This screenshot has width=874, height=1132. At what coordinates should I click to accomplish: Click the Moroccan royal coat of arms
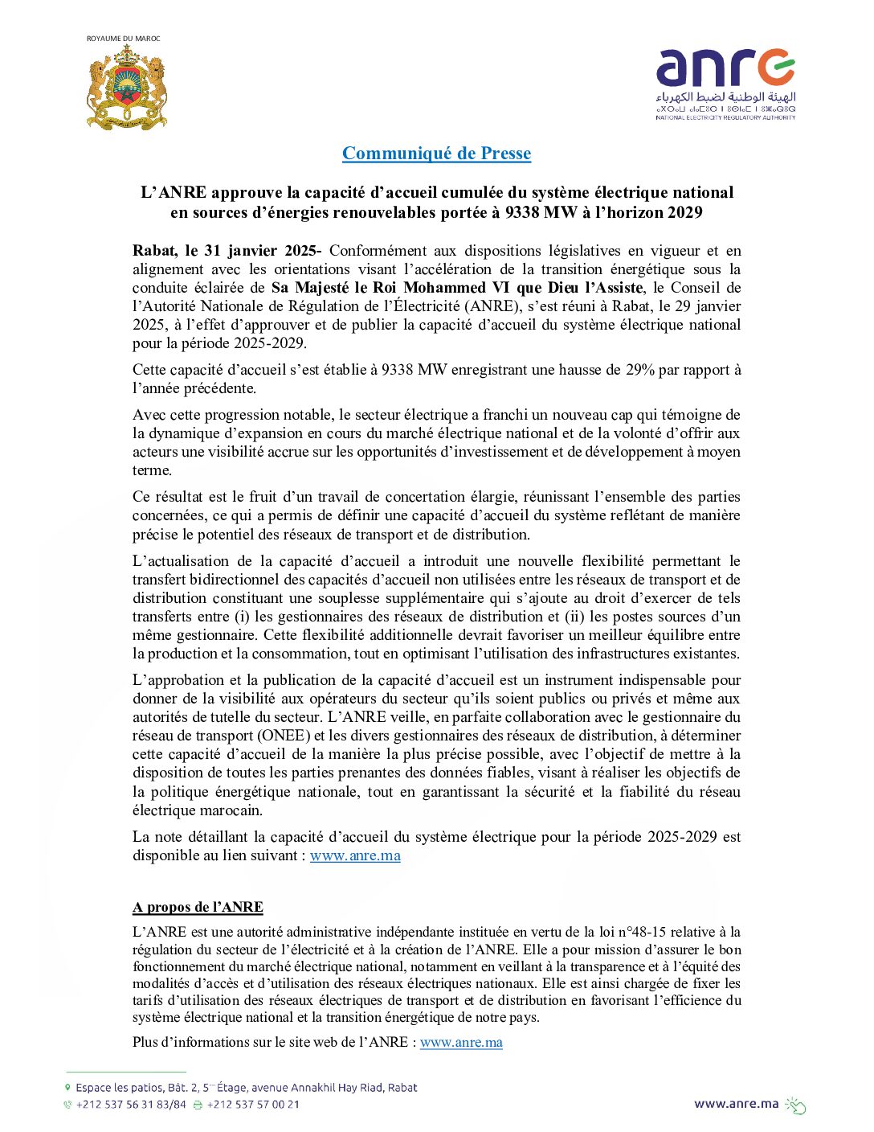point(126,88)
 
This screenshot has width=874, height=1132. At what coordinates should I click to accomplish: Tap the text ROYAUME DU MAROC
point(123,39)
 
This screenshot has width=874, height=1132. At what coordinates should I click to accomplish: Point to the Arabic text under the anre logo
point(725,97)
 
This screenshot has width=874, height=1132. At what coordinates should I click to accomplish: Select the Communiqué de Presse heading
point(436,153)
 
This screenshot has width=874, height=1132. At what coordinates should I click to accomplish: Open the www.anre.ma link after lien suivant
point(355,855)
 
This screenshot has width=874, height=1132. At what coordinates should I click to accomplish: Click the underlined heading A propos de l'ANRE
point(198,907)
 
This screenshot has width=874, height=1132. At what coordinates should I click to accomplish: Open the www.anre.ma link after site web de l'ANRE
point(461,1042)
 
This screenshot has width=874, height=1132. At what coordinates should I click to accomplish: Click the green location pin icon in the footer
point(67,1088)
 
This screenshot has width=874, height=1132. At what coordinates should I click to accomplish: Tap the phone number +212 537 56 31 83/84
point(130,1105)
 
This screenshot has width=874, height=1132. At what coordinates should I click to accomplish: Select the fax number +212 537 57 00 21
point(253,1105)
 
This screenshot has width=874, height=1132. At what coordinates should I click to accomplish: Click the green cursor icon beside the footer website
point(795,1105)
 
